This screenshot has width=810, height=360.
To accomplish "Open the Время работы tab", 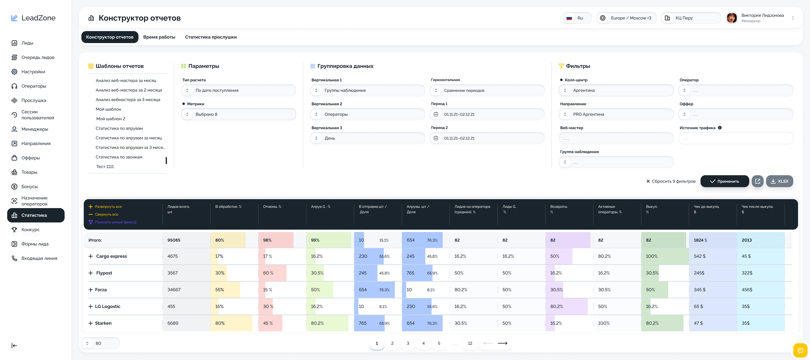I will point(159,37).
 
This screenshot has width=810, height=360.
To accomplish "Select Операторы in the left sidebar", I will point(34,86).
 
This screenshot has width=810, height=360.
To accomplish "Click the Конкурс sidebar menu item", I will point(31,230).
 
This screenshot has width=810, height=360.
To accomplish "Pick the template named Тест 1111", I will point(105,167).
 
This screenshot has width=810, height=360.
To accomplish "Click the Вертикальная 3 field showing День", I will point(367,138).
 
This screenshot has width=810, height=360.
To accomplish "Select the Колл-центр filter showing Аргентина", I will point(616,90).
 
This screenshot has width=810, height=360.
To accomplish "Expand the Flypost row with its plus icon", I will point(91,273).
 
